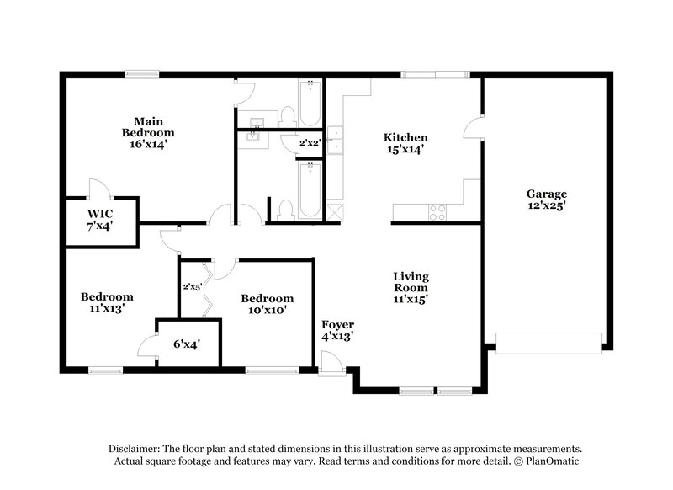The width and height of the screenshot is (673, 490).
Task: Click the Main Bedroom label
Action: (x=148, y=126)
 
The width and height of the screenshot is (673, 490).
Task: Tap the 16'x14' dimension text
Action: (x=148, y=144)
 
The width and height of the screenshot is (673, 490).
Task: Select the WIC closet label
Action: (x=99, y=213)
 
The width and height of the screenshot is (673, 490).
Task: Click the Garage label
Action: (x=547, y=193)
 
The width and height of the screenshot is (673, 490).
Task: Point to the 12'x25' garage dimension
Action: (x=547, y=206)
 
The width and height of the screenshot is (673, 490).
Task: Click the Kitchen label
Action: (x=405, y=137)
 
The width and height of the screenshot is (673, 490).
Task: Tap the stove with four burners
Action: (x=437, y=213)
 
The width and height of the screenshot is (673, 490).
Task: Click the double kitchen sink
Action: (x=335, y=139)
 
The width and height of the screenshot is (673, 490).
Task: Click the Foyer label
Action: (x=337, y=324)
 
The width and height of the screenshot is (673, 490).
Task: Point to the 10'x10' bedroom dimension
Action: (x=267, y=311)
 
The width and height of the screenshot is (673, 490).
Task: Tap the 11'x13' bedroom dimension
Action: (x=107, y=309)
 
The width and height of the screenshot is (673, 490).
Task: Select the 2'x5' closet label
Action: (x=193, y=286)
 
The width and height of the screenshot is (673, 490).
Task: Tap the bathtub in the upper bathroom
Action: (x=310, y=103)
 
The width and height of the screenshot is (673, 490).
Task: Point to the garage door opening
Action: (x=548, y=341)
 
